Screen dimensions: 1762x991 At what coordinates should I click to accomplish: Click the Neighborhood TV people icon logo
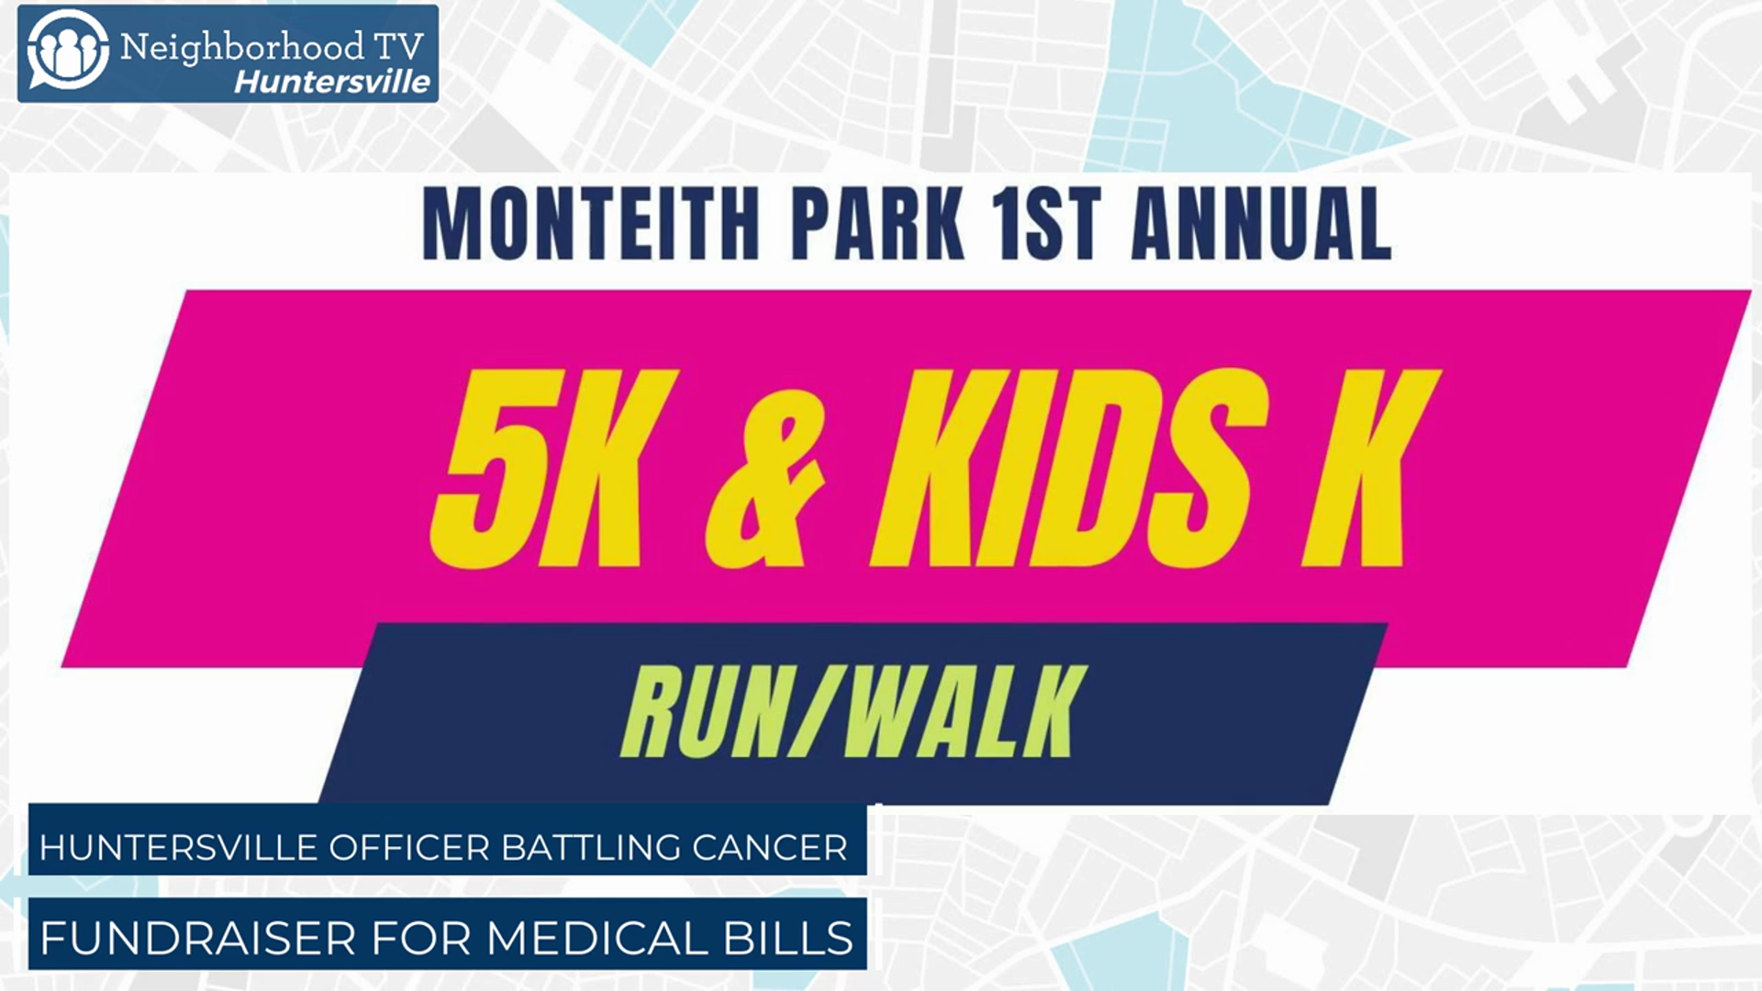coord(67,50)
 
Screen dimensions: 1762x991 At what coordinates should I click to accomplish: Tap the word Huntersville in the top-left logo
coord(332,82)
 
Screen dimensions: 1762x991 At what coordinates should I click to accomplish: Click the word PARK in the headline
coord(877,224)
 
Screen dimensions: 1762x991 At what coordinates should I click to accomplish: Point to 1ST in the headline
coord(1047,224)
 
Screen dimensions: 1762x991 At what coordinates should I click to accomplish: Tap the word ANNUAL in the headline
coord(1262,224)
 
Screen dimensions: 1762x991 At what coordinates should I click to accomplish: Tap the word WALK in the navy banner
coord(964,711)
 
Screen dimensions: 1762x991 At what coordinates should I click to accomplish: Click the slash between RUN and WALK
coord(814,711)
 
